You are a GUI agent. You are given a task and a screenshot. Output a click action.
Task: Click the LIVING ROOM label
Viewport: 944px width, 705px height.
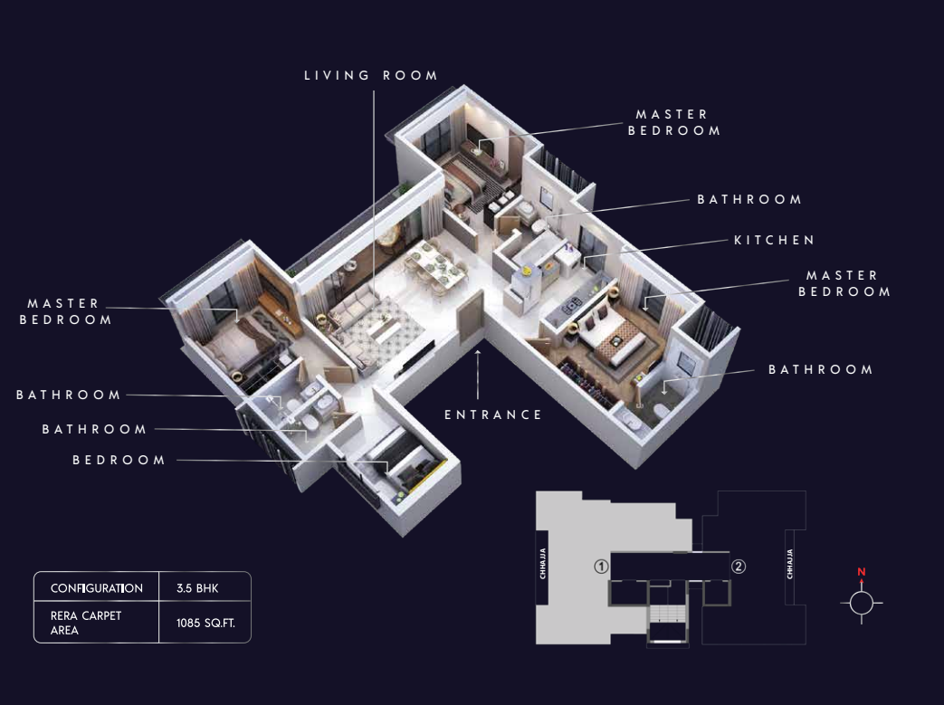point(371,75)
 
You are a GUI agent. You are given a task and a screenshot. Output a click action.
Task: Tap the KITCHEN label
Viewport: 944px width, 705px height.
point(774,240)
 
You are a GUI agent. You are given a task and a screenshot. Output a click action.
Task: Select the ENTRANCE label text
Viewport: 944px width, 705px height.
point(493,414)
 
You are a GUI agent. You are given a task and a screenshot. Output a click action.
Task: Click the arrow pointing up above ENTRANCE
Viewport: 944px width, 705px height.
point(478,374)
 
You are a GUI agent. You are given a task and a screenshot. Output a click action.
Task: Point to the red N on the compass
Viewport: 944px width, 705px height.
point(862,572)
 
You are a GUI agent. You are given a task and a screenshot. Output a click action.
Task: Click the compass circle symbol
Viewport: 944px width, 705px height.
point(862,603)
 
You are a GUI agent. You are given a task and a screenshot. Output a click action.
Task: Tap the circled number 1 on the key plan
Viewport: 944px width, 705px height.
point(601,567)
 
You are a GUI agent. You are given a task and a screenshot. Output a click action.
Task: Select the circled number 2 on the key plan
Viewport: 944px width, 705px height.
point(739,567)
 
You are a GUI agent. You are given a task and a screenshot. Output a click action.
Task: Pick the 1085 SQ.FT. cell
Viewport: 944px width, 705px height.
point(205,624)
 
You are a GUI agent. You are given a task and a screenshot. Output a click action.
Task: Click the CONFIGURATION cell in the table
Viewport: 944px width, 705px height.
point(97,588)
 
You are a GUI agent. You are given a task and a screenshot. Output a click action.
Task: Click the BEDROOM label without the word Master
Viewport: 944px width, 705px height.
point(119,460)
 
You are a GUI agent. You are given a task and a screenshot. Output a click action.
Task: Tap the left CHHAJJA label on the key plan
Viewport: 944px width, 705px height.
point(543,564)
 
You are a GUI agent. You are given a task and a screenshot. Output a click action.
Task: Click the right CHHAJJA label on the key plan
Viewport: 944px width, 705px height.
point(790,564)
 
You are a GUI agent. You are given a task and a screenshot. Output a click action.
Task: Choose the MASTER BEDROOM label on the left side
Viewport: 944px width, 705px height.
point(66,311)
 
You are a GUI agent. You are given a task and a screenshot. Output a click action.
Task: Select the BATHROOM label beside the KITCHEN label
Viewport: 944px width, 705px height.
point(749,199)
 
